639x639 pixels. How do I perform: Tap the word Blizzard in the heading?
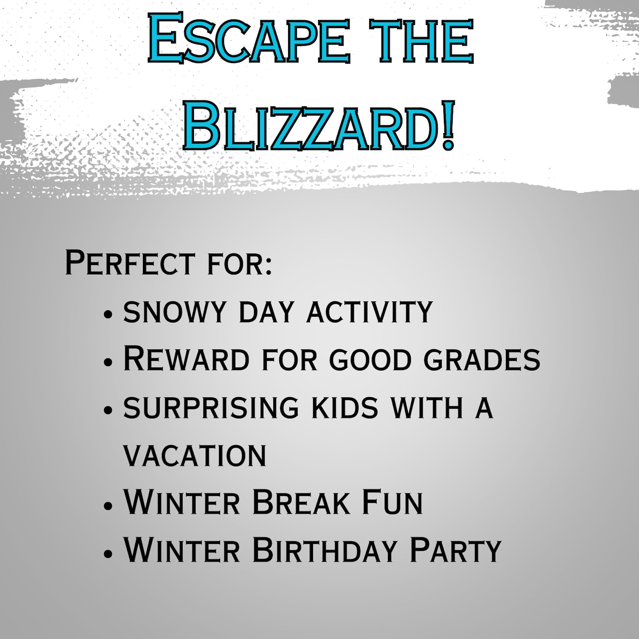[x=310, y=126]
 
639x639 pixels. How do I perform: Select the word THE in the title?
[x=421, y=40]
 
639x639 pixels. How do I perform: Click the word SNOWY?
[x=175, y=312]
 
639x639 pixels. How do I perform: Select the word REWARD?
[x=186, y=359]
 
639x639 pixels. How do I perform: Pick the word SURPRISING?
[x=211, y=408]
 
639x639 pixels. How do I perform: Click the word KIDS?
[x=345, y=408]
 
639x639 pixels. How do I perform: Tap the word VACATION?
[x=195, y=456]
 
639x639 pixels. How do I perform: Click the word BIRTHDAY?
[x=325, y=550]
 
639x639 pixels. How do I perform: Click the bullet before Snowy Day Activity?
[x=107, y=314]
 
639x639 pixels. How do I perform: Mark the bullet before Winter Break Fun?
[x=107, y=505]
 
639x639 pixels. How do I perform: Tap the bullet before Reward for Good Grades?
[x=107, y=361]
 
